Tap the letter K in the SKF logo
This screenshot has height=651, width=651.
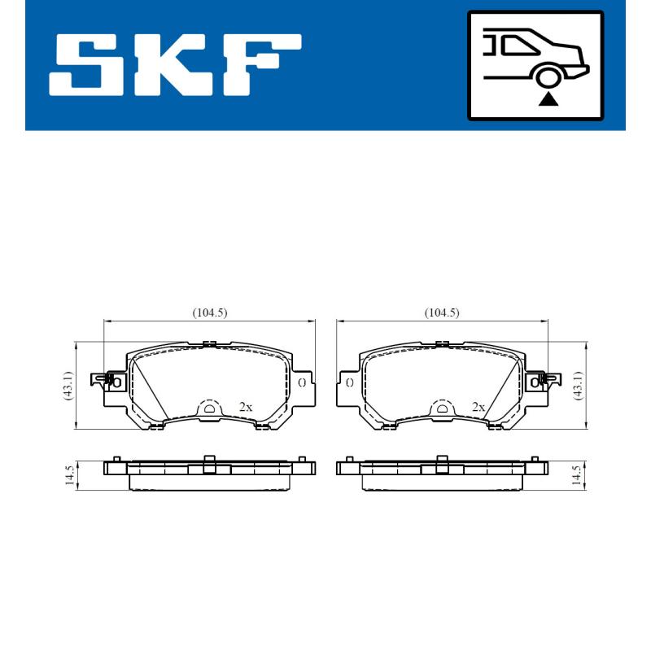coord(174,64)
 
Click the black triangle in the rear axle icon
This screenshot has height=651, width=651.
coord(549,99)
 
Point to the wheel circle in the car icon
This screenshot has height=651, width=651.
coord(549,76)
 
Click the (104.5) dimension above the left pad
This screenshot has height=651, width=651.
coord(209,312)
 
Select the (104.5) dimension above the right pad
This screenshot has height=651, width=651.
coord(442,312)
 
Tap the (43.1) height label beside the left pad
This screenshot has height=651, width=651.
coord(68,385)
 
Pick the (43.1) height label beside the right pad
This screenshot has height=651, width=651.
coord(579,385)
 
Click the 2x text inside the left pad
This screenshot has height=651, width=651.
coord(245,406)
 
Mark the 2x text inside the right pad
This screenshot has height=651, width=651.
coord(478,406)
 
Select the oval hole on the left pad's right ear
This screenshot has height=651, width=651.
coord(302,382)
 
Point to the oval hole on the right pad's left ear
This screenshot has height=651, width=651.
coord(348,382)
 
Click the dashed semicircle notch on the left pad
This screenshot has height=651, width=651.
coord(210,408)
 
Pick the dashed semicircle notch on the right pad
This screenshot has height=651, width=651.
coord(442,408)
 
